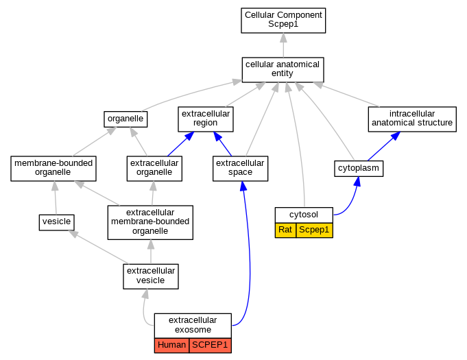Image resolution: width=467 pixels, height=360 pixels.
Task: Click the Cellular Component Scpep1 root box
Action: tap(283, 21)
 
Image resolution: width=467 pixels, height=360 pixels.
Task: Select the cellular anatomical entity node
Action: tap(283, 70)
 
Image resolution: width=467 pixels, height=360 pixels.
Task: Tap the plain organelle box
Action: tap(125, 119)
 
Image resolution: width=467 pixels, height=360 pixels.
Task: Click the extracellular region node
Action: tap(206, 119)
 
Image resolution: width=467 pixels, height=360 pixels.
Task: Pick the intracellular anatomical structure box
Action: tap(412, 119)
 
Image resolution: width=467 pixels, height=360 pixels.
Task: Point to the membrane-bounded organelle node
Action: tap(53, 169)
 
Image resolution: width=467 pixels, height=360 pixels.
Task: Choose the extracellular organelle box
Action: tap(154, 169)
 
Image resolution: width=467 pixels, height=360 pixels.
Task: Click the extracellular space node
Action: tap(240, 169)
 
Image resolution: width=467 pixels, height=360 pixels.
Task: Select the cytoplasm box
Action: tap(359, 169)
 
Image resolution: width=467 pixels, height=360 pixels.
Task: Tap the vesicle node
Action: tap(57, 222)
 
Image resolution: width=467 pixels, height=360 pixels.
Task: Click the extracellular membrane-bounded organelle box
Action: tap(150, 222)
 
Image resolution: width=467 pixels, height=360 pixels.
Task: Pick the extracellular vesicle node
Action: tap(151, 276)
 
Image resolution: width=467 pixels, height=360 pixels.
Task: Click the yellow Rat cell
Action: tap(285, 230)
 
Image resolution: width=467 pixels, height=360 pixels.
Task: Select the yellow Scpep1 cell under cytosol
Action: tap(314, 230)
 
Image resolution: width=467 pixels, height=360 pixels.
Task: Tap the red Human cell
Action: tap(171, 346)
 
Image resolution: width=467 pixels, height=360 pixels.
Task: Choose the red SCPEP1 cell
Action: tap(210, 346)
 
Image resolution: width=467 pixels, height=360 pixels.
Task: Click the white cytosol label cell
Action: tap(304, 215)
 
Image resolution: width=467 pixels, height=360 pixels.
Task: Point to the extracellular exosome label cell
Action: tap(193, 326)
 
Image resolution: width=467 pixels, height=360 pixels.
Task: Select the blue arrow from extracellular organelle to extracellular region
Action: tap(181, 144)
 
